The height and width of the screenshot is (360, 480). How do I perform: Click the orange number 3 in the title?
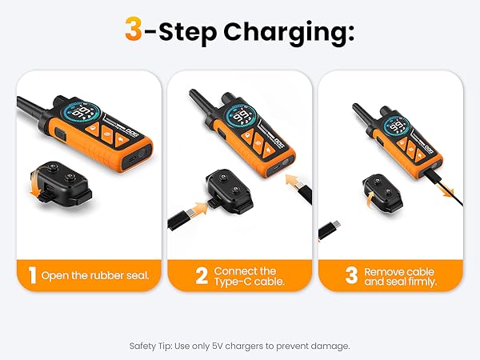(x=134, y=29)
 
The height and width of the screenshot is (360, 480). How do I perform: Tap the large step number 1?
(x=32, y=275)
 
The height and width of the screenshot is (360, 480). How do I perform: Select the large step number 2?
(x=202, y=275)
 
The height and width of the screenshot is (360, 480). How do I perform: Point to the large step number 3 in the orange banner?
(x=351, y=275)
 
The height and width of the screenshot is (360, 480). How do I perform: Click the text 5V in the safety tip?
(x=217, y=346)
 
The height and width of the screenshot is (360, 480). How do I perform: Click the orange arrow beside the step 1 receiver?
(x=34, y=186)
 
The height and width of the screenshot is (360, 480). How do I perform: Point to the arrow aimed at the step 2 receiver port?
(x=198, y=208)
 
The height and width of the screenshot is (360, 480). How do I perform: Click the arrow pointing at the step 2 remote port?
(x=294, y=181)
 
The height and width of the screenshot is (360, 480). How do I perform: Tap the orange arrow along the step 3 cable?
(x=445, y=189)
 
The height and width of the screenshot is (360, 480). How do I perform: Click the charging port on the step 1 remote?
(x=133, y=159)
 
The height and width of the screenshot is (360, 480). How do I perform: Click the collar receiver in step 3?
(x=382, y=193)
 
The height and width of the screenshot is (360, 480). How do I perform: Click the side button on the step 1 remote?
(x=61, y=135)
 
